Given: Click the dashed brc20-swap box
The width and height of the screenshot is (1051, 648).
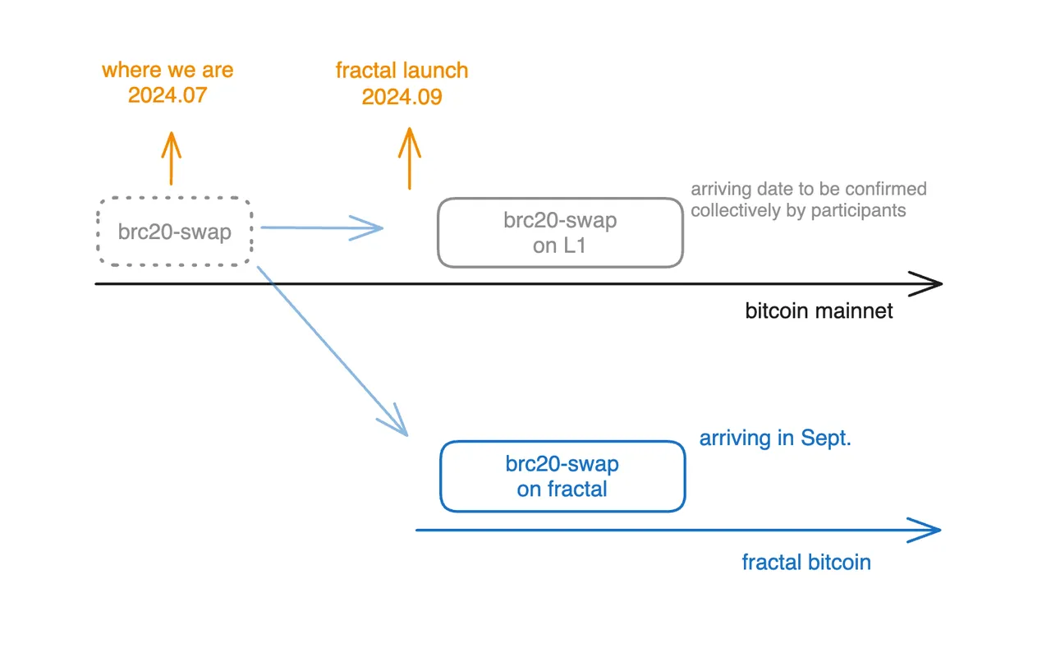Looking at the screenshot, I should [x=174, y=232].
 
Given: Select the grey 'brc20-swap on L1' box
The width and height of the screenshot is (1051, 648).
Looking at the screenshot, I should [x=560, y=232].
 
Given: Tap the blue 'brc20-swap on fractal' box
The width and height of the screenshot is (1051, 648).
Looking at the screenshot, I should [x=562, y=476].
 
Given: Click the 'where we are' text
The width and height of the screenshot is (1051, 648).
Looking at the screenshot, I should [x=168, y=70].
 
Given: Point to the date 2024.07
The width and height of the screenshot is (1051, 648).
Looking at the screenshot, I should [x=168, y=95].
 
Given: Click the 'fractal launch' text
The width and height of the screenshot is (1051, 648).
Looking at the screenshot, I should [x=402, y=70].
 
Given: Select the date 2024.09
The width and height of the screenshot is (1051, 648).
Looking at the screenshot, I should [x=402, y=97].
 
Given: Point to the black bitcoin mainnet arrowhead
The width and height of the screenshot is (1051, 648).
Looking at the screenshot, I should [x=928, y=283].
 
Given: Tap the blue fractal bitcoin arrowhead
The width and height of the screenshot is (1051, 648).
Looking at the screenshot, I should [x=926, y=530].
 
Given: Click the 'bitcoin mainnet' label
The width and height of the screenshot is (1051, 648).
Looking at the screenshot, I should [x=819, y=311].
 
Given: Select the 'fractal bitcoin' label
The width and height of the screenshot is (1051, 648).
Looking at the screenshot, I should [x=805, y=562].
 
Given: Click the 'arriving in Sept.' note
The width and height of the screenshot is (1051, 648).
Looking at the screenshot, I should [x=775, y=438].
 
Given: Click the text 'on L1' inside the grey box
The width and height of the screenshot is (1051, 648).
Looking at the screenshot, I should [x=559, y=245].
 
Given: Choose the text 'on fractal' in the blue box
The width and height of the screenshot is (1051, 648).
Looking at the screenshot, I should [x=562, y=489].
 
